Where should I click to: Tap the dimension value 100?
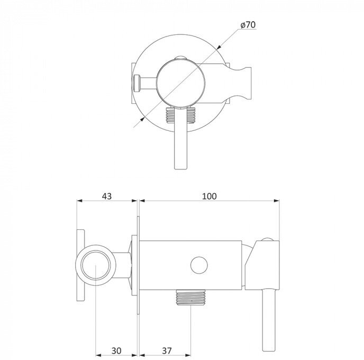pos(210,196)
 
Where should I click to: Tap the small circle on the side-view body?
pos(198,264)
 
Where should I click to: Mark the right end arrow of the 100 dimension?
pos(277,201)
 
